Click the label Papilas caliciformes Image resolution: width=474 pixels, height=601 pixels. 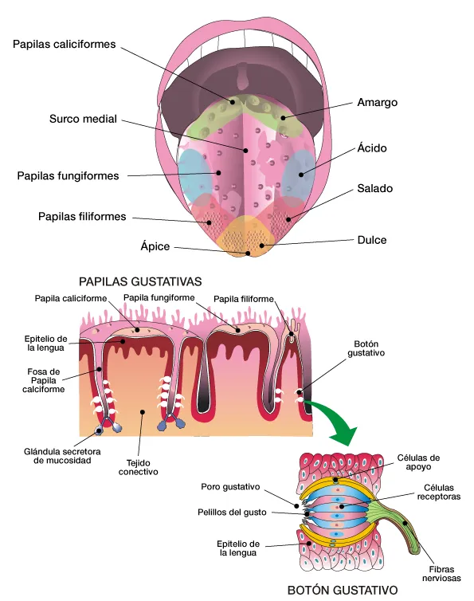point(64,44)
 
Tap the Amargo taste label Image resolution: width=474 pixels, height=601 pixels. point(377,102)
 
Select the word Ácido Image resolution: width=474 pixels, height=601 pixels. point(372,147)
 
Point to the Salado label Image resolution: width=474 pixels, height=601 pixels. point(374,188)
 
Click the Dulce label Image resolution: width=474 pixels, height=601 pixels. point(372,240)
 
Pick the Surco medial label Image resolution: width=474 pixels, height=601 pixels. point(83,119)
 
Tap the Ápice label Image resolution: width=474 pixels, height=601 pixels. point(155,246)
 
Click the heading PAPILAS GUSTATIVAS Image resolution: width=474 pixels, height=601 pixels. point(140,281)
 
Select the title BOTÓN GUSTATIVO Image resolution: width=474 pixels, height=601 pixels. point(343,590)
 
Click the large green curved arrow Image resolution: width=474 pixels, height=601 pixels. point(337,418)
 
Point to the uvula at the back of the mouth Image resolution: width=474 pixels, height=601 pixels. point(242,76)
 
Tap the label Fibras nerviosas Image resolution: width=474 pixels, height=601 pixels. point(441,574)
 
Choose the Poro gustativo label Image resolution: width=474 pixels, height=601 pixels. point(230,487)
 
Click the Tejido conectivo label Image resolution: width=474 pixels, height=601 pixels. point(138,467)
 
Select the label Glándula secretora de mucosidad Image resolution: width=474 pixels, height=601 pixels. point(62,456)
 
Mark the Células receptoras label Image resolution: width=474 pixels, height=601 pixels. point(438,492)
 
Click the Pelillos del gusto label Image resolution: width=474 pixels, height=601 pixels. point(232,513)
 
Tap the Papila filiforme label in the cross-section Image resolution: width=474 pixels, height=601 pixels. point(243,299)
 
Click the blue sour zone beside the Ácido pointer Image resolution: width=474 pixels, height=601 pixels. point(298,173)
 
